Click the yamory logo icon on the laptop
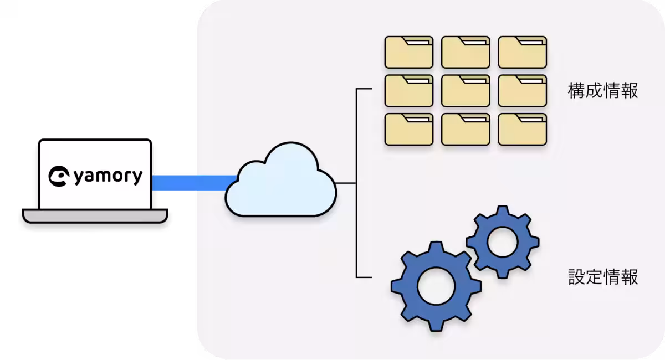click(x=59, y=176)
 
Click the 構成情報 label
click(x=603, y=91)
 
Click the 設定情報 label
click(x=603, y=276)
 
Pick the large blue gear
click(x=436, y=287)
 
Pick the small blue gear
click(x=502, y=241)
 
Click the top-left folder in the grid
click(x=409, y=52)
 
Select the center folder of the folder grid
click(x=465, y=91)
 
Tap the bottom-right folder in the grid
click(x=522, y=129)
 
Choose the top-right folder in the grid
click(x=522, y=52)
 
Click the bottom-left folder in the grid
click(x=409, y=129)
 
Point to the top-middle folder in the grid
click(x=465, y=52)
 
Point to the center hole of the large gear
click(x=436, y=287)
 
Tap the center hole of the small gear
click(x=502, y=241)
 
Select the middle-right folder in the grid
click(x=522, y=91)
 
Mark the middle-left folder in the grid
click(x=409, y=91)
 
